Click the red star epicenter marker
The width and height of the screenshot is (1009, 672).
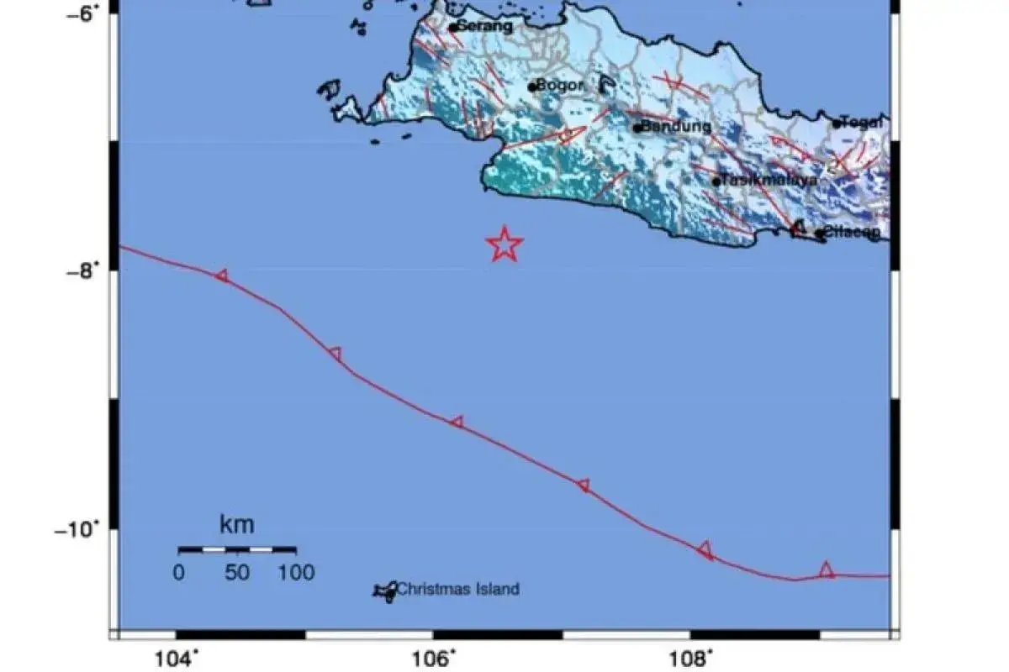coord(504,244)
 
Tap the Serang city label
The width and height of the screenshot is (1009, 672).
coord(483,26)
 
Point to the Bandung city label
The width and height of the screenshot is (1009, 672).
coord(676,127)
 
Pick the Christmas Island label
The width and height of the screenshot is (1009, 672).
coord(458,590)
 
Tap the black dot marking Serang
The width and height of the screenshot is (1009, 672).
coord(453,28)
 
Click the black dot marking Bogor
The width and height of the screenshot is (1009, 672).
coord(532,87)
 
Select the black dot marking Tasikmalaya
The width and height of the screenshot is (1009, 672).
coord(716,181)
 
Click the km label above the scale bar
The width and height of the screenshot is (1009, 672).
coord(236,527)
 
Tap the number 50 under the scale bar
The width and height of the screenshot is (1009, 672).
coord(237,574)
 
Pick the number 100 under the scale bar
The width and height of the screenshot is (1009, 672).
coord(296,574)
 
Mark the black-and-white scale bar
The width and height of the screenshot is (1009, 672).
coord(237,549)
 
